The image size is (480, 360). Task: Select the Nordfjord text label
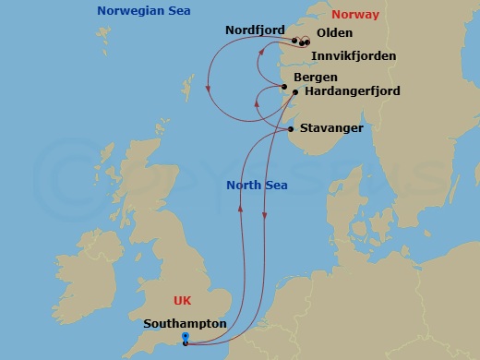(254, 30)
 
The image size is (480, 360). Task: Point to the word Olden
(334, 32)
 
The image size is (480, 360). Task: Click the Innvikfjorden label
(354, 56)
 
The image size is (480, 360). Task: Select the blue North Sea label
(257, 186)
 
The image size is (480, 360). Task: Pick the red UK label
(183, 301)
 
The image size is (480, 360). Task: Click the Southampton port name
(185, 324)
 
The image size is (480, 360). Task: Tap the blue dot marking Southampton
(186, 337)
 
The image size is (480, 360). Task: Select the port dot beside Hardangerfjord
(294, 92)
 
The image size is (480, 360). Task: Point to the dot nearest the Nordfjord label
(294, 41)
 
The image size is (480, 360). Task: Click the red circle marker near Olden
(306, 42)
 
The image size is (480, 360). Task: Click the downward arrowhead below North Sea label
(266, 217)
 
